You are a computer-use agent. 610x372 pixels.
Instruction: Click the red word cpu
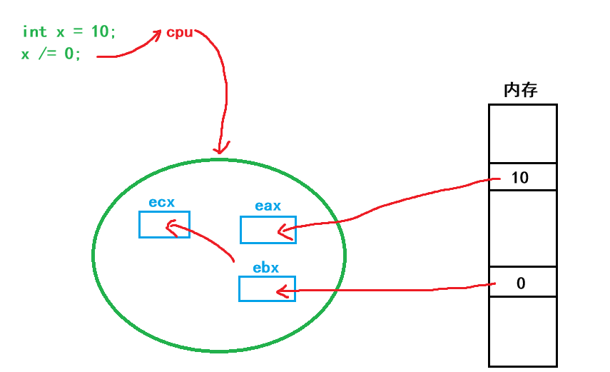click(x=179, y=33)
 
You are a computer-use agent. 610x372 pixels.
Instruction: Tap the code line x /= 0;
click(x=51, y=54)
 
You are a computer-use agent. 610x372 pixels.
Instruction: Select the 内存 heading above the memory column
click(x=521, y=90)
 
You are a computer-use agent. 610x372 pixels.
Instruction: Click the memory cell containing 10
click(x=523, y=177)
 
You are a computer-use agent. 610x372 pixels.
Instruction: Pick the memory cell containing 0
click(x=523, y=283)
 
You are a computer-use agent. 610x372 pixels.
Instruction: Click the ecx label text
click(x=161, y=202)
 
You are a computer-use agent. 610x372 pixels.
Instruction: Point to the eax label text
click(x=268, y=206)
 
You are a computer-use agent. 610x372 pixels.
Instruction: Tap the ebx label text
click(x=265, y=268)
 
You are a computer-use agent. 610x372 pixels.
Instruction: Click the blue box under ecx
click(x=164, y=224)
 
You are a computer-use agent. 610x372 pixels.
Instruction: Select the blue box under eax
click(x=268, y=230)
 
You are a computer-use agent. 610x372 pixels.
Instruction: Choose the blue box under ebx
click(x=267, y=288)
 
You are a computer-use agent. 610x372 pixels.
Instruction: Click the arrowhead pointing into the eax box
click(x=283, y=231)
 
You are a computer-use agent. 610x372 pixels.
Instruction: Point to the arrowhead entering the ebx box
click(x=282, y=291)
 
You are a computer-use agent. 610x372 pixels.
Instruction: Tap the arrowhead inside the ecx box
click(x=171, y=227)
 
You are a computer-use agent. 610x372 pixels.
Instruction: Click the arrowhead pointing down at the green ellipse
click(x=220, y=149)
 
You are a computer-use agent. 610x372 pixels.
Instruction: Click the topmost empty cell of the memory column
click(x=523, y=134)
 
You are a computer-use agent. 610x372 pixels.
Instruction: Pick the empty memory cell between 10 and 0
click(x=523, y=228)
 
